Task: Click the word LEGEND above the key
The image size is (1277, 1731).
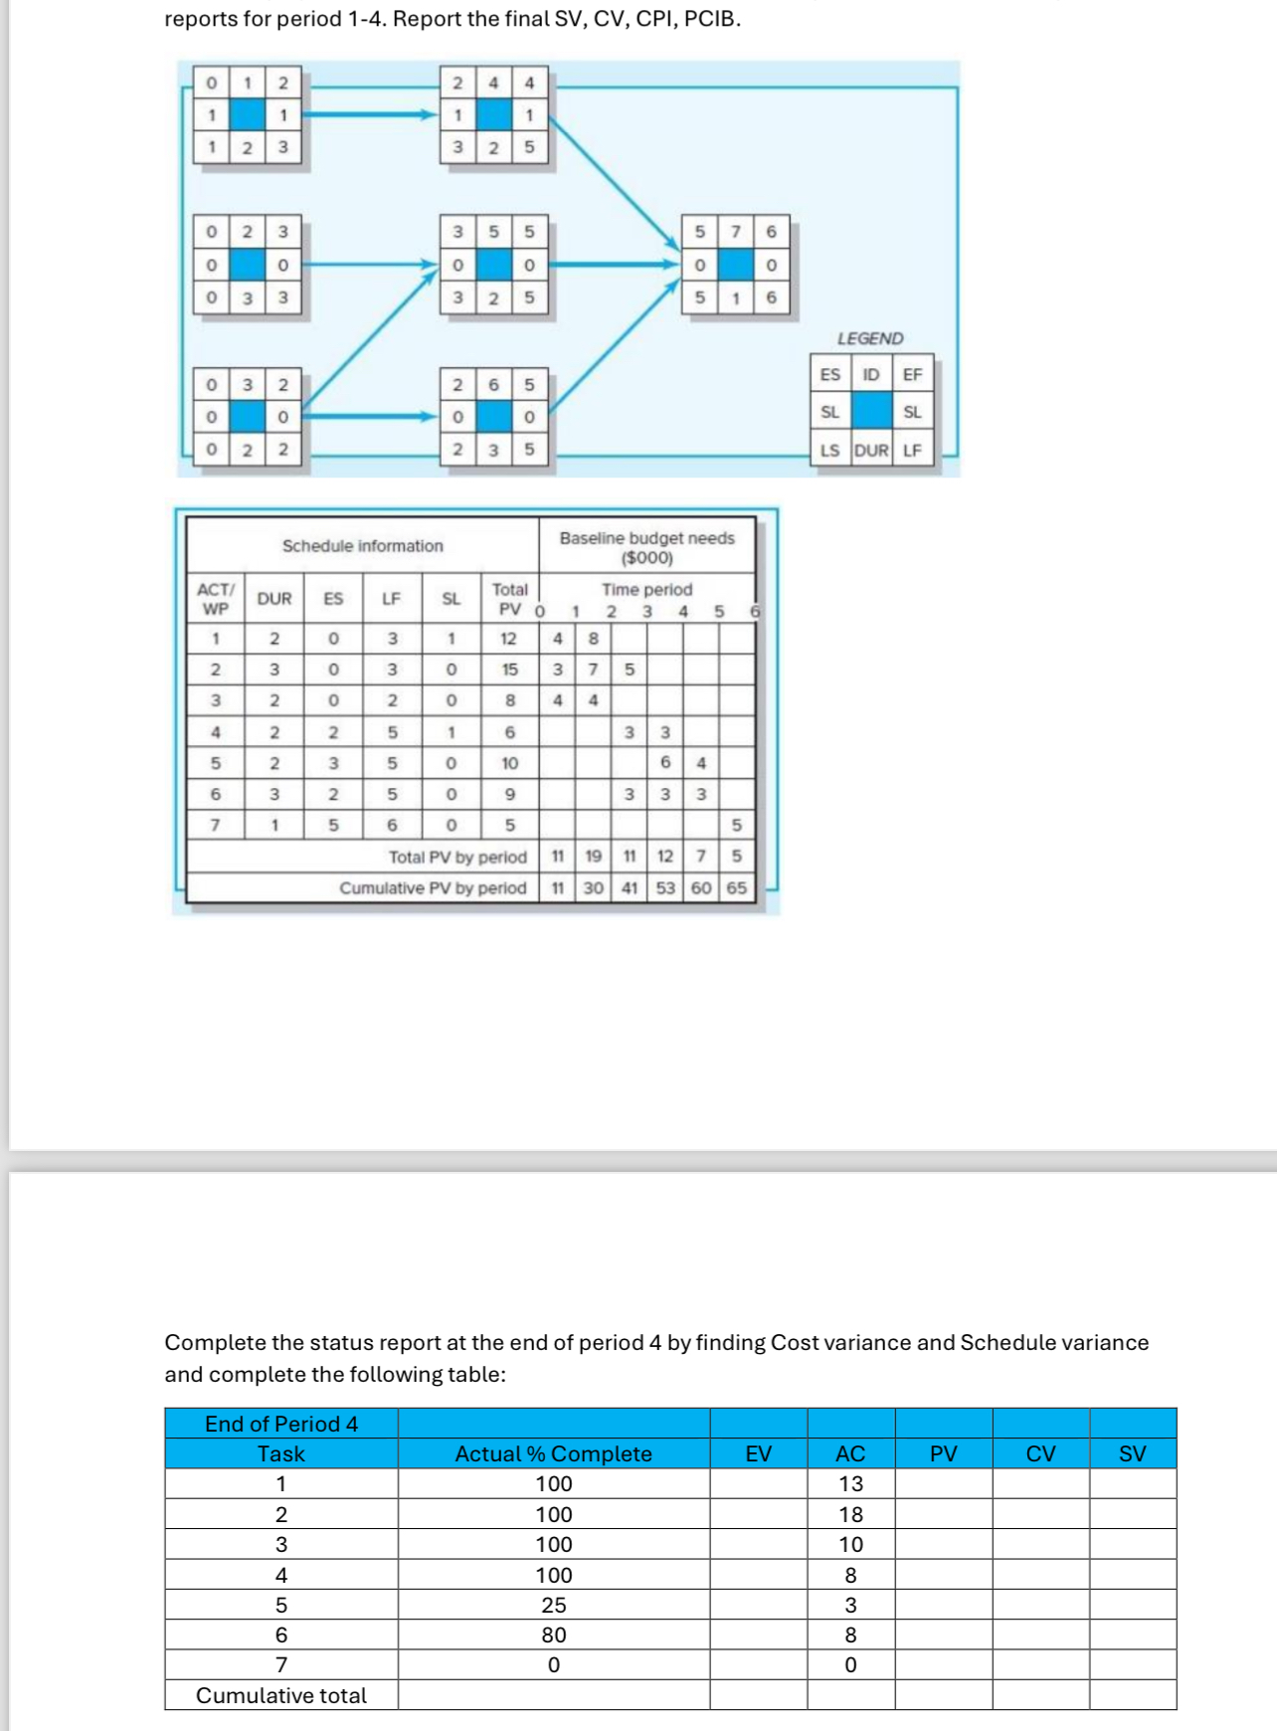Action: [870, 338]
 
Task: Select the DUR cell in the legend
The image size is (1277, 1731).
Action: [871, 450]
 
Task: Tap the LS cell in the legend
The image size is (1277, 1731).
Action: [829, 450]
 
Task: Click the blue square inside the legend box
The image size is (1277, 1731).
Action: [871, 411]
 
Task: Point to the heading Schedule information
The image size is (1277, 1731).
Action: [362, 546]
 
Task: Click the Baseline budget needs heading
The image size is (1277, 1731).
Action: [646, 547]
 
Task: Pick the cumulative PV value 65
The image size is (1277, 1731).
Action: [736, 887]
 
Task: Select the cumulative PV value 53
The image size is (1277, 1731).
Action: [665, 887]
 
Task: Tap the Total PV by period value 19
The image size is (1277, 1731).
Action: [593, 856]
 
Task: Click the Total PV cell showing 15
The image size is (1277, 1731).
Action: [509, 670]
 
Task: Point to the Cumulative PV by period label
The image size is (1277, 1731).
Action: [433, 887]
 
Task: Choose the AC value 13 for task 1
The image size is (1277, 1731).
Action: [850, 1483]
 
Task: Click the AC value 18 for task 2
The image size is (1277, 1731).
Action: [850, 1514]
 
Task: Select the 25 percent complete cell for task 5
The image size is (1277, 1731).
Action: [554, 1605]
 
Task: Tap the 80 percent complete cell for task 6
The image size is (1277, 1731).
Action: [554, 1635]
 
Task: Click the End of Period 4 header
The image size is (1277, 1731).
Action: [281, 1424]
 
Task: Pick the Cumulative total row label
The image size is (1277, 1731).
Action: [281, 1695]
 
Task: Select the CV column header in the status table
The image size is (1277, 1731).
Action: [1040, 1453]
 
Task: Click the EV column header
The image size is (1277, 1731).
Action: [759, 1453]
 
